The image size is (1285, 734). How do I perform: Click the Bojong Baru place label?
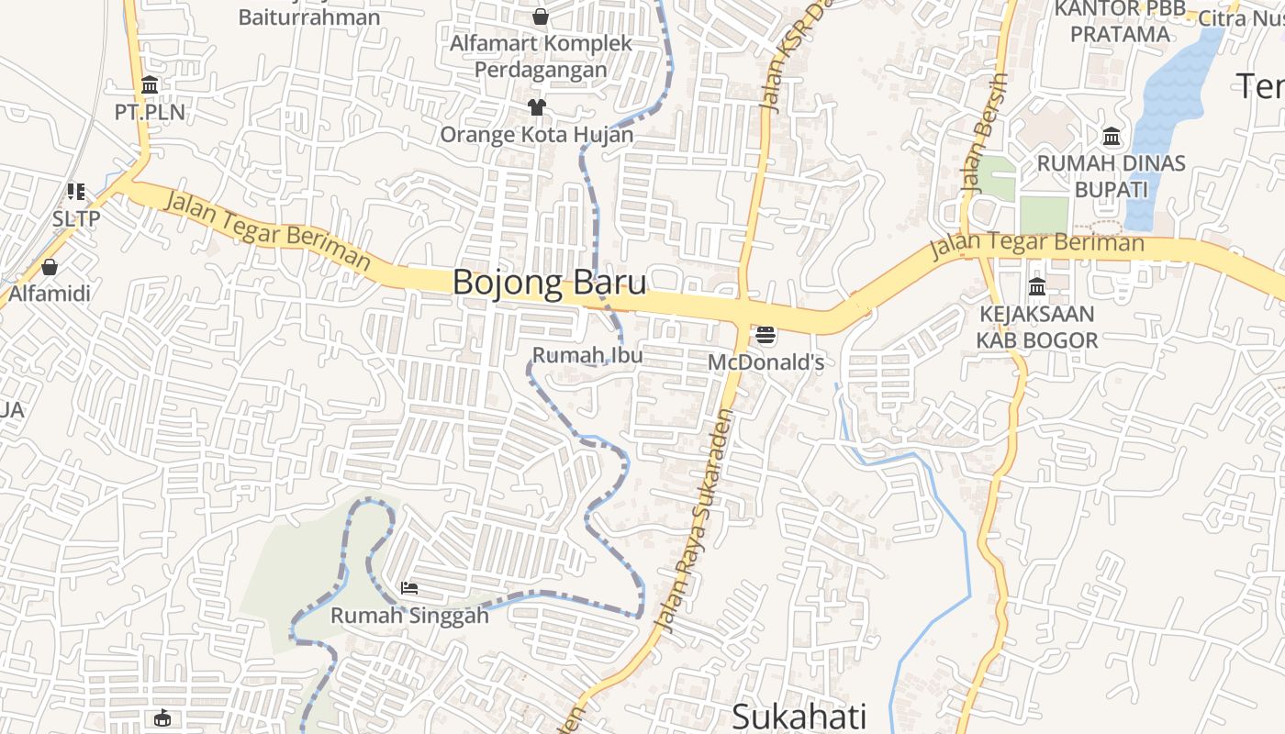[x=549, y=283]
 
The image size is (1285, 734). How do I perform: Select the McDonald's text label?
[x=765, y=362]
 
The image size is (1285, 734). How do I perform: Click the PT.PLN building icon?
[x=150, y=86]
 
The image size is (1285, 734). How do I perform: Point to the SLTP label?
[x=75, y=219]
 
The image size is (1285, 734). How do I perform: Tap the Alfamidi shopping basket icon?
[x=50, y=268]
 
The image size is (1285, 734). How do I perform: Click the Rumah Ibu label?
[x=587, y=354]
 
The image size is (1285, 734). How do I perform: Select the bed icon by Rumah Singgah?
[x=409, y=587]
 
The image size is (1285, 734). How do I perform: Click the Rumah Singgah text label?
[x=409, y=615]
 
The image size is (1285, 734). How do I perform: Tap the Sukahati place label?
[x=799, y=716]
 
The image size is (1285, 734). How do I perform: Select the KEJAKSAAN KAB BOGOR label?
[x=1037, y=328]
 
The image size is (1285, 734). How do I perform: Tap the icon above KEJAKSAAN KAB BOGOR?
[x=1037, y=287]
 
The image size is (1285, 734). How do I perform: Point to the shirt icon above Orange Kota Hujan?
[x=537, y=107]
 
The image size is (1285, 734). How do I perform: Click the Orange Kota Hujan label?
[x=537, y=135]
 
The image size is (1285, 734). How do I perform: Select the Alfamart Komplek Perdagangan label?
[x=541, y=56]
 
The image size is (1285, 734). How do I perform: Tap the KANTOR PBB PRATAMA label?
[x=1120, y=22]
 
